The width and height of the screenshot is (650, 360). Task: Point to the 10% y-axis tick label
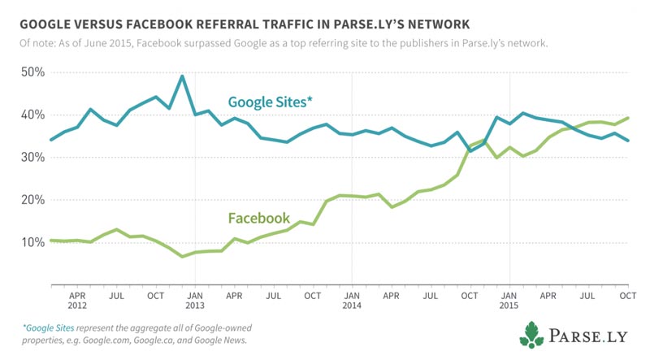[33, 242]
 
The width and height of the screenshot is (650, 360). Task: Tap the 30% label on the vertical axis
[33, 158]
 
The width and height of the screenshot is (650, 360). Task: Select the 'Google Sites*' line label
[271, 102]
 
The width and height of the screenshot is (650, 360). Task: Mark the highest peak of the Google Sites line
[181, 76]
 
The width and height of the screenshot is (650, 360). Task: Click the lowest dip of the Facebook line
[182, 257]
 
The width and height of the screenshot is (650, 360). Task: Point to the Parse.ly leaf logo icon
[532, 333]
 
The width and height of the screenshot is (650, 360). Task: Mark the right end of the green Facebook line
[628, 118]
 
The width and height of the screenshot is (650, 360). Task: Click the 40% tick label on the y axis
[33, 115]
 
